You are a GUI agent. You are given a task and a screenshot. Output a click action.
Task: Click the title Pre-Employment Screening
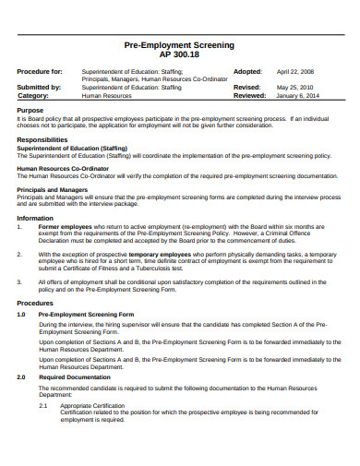coord(179,44)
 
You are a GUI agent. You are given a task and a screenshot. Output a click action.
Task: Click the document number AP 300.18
coord(179,54)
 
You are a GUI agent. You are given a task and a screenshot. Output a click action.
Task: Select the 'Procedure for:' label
coord(40,71)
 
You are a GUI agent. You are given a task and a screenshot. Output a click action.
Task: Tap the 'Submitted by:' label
coord(39,87)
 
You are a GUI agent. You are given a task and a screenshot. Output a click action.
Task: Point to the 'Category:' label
coord(33,95)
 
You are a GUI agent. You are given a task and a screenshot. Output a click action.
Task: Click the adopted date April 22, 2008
coord(294,71)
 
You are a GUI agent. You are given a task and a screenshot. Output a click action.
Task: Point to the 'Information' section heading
coord(35,218)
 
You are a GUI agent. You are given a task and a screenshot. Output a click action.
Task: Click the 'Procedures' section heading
coord(35,302)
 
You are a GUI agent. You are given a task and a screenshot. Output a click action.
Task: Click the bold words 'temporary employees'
coord(159,252)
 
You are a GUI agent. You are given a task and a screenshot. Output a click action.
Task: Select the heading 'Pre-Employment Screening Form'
coord(86,314)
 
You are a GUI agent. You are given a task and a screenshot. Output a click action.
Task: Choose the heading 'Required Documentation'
coord(74,377)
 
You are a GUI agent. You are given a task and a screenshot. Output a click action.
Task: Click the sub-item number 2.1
coord(43,404)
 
